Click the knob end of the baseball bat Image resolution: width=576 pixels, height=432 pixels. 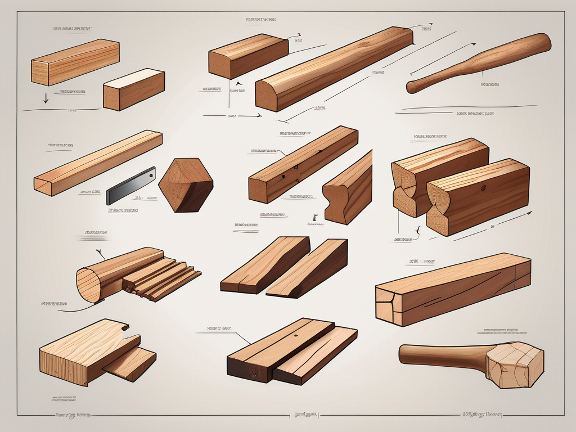coord(411,87)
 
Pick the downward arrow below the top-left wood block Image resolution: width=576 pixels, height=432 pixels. coord(46,96)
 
